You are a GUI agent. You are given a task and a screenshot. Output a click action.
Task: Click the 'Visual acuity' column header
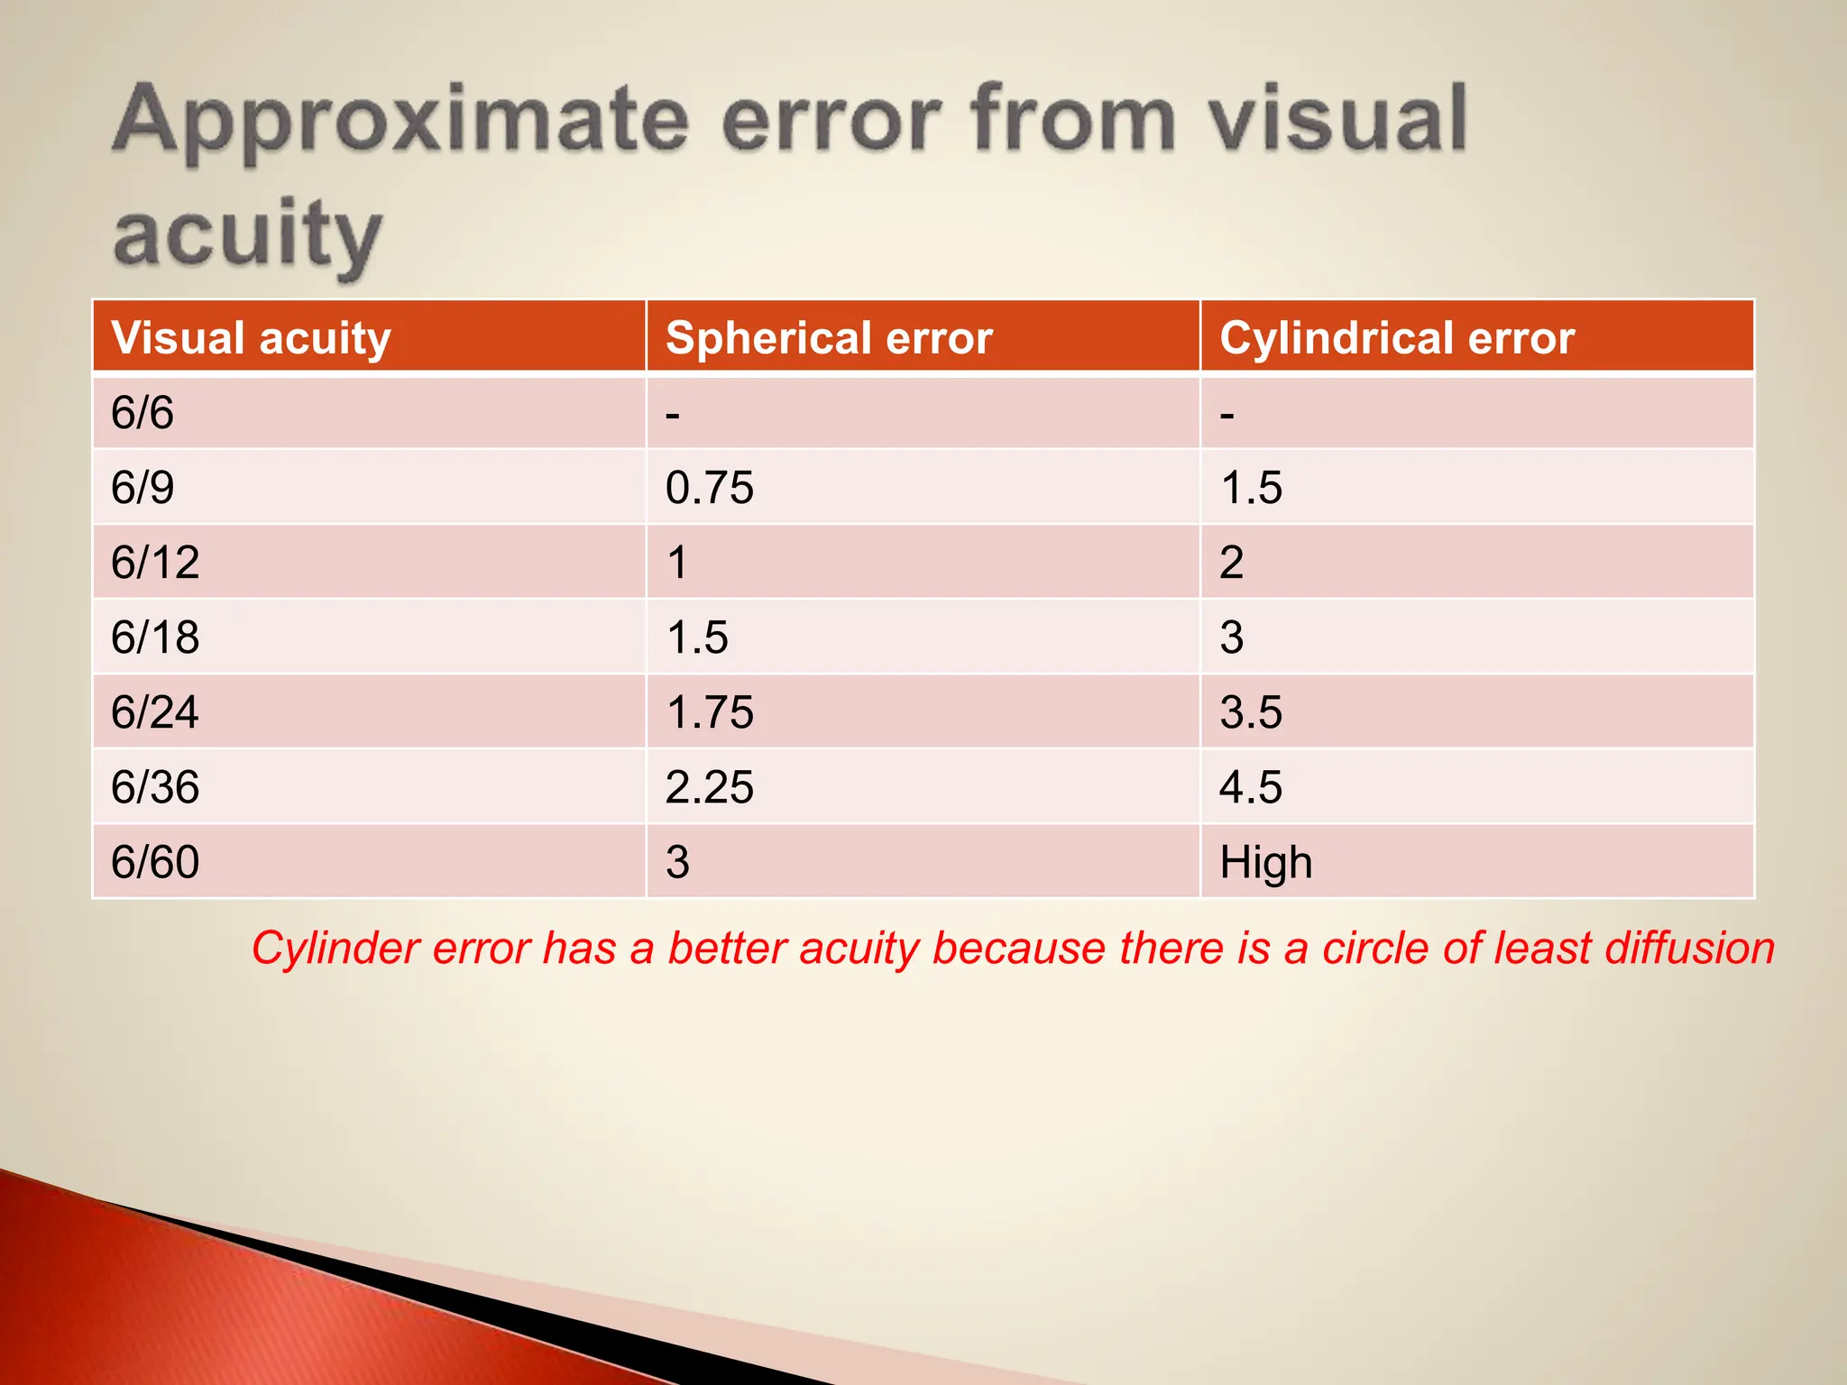click(x=251, y=338)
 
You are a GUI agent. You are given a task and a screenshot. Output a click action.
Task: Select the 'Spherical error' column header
click(x=829, y=338)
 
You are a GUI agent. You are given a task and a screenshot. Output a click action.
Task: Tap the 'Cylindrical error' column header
click(x=1397, y=338)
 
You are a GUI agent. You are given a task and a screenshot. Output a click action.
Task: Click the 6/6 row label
click(x=142, y=413)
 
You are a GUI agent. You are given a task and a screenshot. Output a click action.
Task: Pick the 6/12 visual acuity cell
click(x=155, y=563)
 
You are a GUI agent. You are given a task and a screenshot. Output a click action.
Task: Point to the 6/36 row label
click(x=155, y=787)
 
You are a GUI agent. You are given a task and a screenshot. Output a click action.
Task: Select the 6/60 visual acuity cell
click(x=155, y=862)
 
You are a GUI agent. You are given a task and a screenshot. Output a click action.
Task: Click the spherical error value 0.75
click(x=710, y=488)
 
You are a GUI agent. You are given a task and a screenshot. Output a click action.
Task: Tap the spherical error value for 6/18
click(x=697, y=637)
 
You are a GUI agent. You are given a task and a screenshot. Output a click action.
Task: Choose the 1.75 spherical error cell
click(x=710, y=712)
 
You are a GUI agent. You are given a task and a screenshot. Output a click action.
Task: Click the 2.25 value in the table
click(x=710, y=787)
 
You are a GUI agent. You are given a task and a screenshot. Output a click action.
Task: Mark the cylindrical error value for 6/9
click(x=1251, y=488)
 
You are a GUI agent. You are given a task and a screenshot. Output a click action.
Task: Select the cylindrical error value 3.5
click(x=1251, y=712)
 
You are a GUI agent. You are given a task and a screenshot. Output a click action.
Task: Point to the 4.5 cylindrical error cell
click(x=1251, y=787)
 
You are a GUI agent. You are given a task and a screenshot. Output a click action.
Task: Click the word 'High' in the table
click(x=1266, y=862)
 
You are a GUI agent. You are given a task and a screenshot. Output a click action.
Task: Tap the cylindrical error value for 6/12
click(x=1232, y=563)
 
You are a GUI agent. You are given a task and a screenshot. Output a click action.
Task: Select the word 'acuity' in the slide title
click(x=248, y=234)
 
